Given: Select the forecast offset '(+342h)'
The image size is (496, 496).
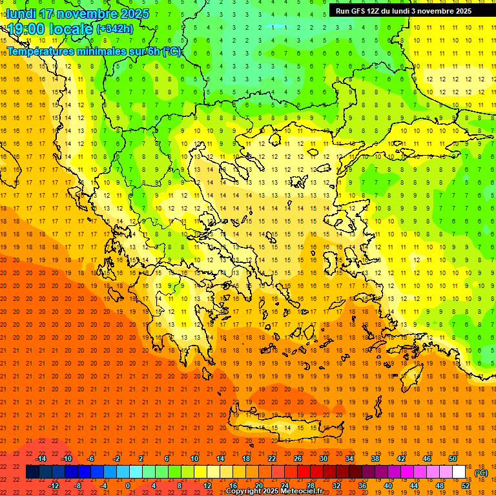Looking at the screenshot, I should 115,29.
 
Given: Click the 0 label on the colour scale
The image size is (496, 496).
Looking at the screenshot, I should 128,486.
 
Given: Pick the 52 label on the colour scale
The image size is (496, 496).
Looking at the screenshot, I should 466,486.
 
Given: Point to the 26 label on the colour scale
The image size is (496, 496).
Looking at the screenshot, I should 298,459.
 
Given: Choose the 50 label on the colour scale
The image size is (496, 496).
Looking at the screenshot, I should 453,459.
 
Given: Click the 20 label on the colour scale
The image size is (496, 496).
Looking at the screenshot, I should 259,486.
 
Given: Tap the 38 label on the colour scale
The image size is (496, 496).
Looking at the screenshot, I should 375,459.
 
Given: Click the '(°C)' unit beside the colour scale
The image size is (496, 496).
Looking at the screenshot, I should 481,473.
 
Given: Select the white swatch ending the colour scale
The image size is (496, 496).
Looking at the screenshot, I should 459,472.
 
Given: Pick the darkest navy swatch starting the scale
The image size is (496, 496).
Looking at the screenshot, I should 32,472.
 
